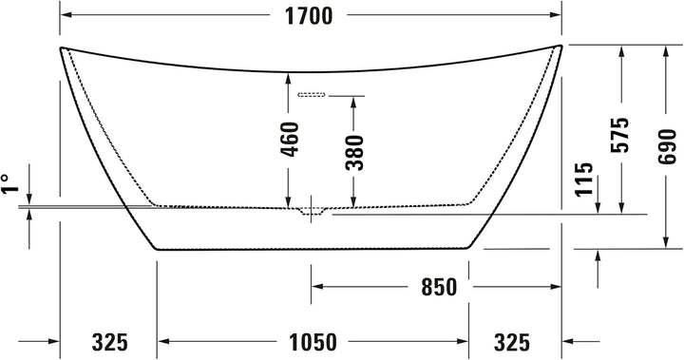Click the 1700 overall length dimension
309,16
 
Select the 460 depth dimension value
293,139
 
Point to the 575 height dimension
620,134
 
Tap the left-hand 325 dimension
110,340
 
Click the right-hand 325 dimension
512,340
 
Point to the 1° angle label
9,183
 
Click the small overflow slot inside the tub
312,95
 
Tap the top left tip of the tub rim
62,47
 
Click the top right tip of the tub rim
561,45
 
